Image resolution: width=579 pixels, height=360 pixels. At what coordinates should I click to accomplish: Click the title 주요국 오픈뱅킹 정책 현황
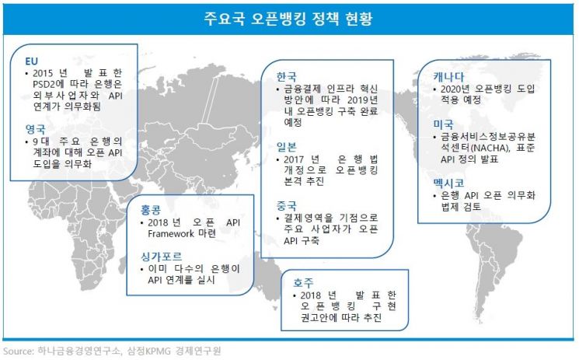[289, 18]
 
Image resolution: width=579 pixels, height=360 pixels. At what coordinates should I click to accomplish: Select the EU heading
[31, 60]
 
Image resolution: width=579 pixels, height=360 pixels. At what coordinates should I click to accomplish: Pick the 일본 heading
[286, 145]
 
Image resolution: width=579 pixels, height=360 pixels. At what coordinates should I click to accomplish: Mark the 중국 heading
[286, 205]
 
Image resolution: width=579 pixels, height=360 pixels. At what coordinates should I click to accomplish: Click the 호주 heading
[304, 281]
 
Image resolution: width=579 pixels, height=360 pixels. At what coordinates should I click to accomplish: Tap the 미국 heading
[443, 123]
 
